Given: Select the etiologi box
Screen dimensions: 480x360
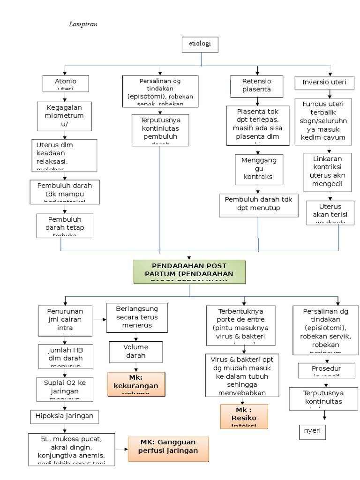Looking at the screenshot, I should [x=199, y=45].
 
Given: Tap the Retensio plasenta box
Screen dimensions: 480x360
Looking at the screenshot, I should [x=256, y=86].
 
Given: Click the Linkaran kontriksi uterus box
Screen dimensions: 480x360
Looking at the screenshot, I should [x=328, y=172].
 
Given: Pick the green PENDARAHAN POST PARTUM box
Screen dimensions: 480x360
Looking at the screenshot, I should [x=189, y=272].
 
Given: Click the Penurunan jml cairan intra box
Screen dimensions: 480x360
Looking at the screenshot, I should [x=65, y=321].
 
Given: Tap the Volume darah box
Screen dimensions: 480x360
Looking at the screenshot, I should [x=135, y=352].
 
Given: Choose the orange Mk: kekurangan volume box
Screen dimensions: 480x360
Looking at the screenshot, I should [x=136, y=384].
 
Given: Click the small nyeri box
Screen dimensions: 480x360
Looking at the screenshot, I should [x=312, y=432].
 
